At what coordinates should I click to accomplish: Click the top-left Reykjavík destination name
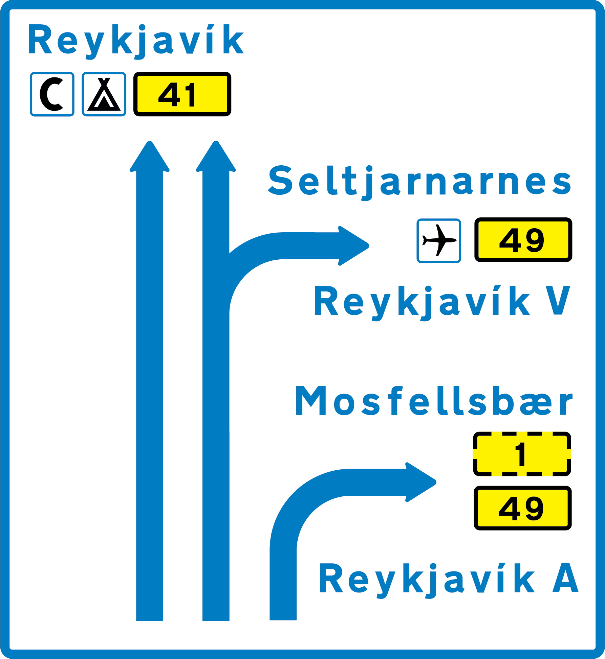click(135, 40)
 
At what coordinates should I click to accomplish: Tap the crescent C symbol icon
click(52, 94)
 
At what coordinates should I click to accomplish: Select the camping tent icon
click(104, 94)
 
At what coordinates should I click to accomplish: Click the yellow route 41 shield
click(182, 94)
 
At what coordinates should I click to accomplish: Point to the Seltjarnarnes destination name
click(420, 181)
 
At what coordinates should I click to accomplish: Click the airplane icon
click(439, 240)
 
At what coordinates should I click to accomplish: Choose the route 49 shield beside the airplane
click(523, 240)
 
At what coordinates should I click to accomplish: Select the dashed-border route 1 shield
click(522, 454)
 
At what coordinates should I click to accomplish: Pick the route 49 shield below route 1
click(522, 508)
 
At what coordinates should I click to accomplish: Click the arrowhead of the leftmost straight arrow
click(150, 157)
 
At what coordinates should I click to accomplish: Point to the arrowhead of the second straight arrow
click(216, 157)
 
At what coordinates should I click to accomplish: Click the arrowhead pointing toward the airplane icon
click(354, 246)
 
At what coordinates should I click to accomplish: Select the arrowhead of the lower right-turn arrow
click(421, 482)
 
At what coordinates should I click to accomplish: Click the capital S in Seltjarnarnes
click(280, 180)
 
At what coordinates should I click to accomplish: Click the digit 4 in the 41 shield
click(169, 95)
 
